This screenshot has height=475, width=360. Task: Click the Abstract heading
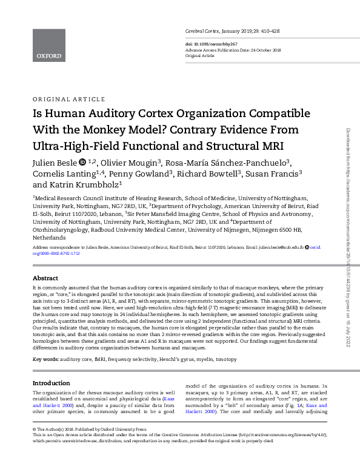pos(45,278)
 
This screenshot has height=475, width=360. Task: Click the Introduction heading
pos(52,383)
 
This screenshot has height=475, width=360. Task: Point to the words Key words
pos(45,360)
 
